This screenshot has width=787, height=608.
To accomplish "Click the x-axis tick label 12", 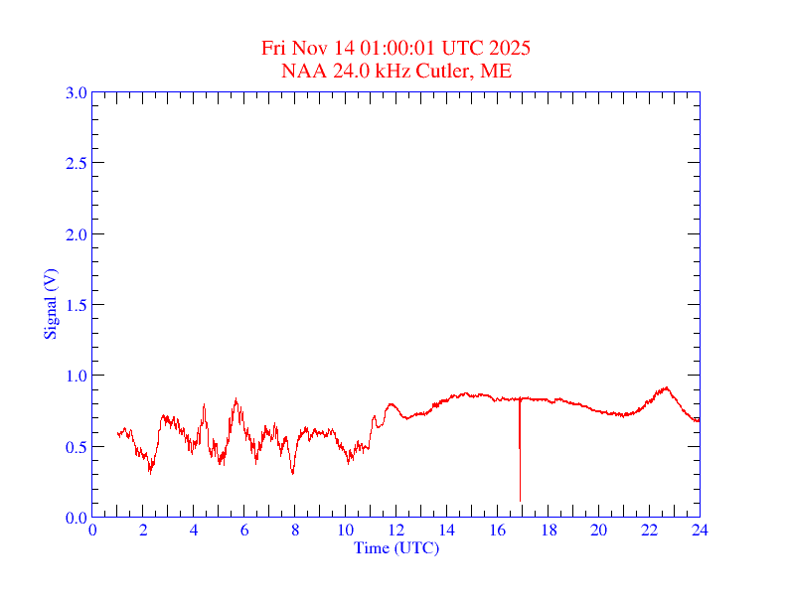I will pos(396,530).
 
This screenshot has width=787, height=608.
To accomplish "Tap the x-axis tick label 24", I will pos(700,530).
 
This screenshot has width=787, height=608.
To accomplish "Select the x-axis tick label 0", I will pos(92,530).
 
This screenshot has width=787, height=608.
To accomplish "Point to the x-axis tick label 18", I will pos(548,530).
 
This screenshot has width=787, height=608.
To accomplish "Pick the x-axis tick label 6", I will pos(244,530).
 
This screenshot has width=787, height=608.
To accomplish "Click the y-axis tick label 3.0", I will pos(76,92).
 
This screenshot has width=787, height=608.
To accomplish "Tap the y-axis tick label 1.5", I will pos(76,305).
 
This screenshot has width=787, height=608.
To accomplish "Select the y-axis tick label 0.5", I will pos(76,447).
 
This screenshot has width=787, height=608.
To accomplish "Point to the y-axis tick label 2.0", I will pos(76,234).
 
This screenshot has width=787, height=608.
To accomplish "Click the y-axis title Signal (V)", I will pos(50,304).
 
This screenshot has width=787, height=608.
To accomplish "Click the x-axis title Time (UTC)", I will pos(396,547).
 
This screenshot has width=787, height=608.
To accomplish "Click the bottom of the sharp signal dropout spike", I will pos(520,500).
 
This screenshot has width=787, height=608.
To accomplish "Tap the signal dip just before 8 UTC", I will pos(292,473).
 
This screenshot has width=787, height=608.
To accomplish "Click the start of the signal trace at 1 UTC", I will pos(117,433).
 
